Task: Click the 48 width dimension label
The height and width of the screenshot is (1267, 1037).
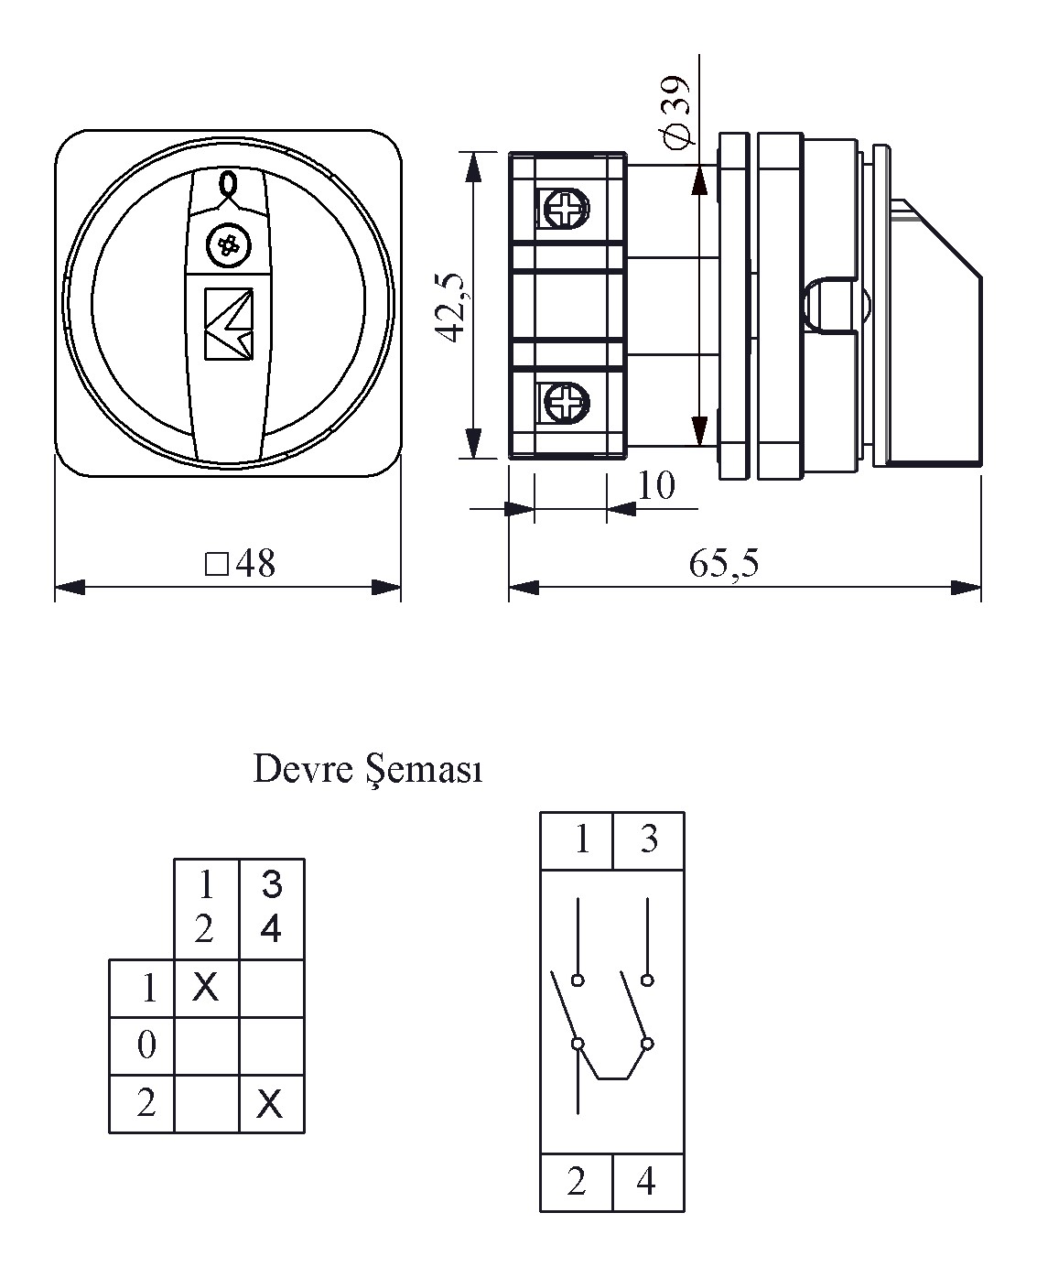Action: [x=242, y=564]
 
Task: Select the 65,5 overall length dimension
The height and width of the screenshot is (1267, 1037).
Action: [x=723, y=564]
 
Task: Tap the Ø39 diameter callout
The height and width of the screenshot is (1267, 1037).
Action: [x=675, y=110]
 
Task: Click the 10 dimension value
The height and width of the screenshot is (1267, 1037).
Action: [x=655, y=486]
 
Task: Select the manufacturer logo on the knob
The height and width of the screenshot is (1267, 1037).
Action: [x=228, y=326]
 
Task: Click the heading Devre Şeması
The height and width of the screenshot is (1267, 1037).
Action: [x=367, y=770]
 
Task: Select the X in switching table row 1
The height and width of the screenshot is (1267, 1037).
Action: [x=206, y=987]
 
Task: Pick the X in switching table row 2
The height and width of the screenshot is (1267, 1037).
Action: [x=270, y=1104]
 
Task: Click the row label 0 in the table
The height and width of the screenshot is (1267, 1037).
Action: [x=146, y=1045]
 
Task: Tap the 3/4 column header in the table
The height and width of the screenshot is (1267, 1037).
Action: [x=271, y=907]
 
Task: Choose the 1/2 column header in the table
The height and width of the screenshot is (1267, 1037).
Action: [x=206, y=907]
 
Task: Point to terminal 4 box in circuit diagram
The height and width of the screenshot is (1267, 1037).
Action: [x=647, y=1182]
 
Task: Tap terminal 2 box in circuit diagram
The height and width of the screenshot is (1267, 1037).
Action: [x=577, y=1182]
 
